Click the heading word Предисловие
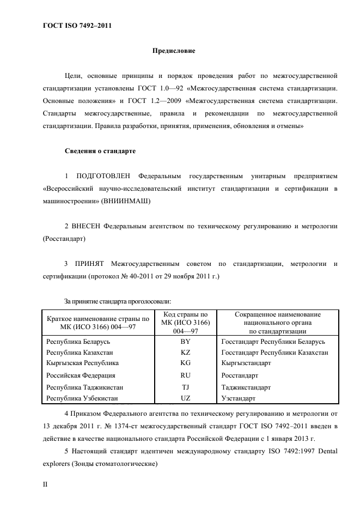pos(174,51)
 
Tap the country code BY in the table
pos(185,342)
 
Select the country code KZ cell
pos(185,353)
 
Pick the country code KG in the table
pos(185,362)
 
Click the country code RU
pos(185,375)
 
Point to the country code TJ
pos(185,387)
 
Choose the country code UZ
pos(185,398)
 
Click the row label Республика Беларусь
pos(79,342)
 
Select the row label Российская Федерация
pos(81,375)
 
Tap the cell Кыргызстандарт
pos(247,362)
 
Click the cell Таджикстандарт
pos(247,387)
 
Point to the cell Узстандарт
pos(239,398)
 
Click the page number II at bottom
pos(46,483)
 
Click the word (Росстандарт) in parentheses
pos(64,239)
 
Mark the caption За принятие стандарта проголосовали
pos(118,301)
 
